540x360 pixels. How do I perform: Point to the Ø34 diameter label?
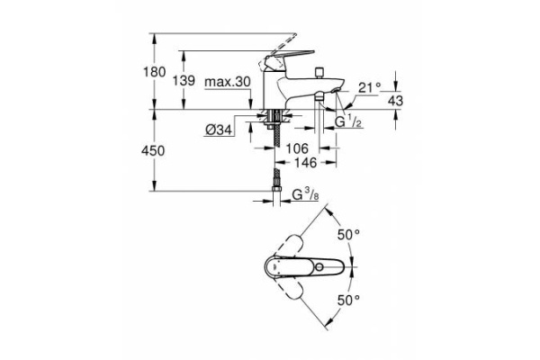click(220, 130)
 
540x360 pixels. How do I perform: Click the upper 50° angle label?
click(348, 233)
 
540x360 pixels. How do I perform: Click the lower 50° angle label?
click(348, 298)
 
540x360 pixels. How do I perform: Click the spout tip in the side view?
click(336, 91)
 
